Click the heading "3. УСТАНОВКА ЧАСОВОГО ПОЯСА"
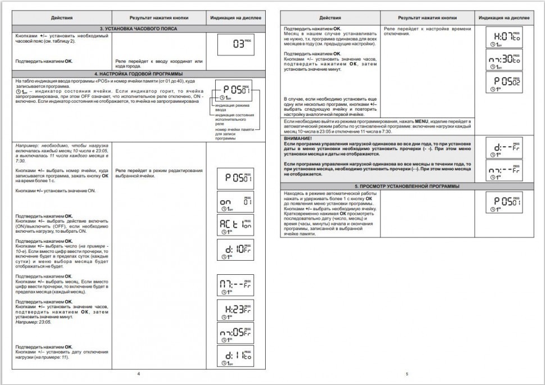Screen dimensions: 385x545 (x=138, y=28)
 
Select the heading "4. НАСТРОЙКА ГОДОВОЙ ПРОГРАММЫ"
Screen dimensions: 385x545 (x=138, y=74)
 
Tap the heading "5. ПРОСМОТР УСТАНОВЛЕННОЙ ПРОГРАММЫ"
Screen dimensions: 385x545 (x=407, y=186)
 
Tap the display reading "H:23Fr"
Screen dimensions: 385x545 (x=235, y=310)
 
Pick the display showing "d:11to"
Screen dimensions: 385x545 (x=235, y=356)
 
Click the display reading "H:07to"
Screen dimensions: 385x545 (x=503, y=38)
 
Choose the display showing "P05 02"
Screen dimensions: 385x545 (x=503, y=82)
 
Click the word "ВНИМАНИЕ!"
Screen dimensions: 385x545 (x=298, y=138)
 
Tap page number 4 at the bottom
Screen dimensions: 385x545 (x=138, y=373)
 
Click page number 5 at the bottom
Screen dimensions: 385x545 (x=407, y=373)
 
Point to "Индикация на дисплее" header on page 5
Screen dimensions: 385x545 (x=503, y=18)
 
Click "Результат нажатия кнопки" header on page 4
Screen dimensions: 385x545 (x=160, y=18)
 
